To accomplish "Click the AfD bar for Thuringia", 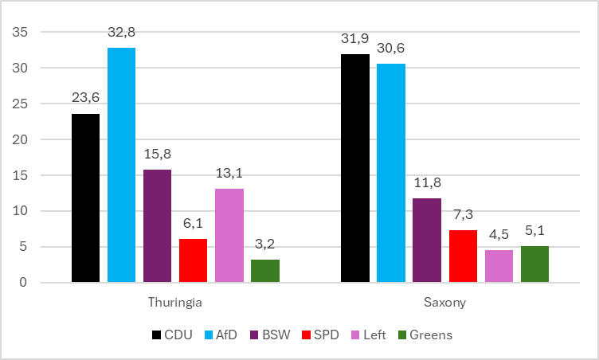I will tap(121, 165).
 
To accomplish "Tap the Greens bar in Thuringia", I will tap(265, 271).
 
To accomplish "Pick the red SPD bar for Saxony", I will tap(463, 256).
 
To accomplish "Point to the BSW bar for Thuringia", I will tap(157, 226).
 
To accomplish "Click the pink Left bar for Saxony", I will tap(499, 266).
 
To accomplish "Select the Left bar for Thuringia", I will tap(229, 236).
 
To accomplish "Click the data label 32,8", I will tap(122, 33).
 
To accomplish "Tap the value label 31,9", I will tap(355, 39).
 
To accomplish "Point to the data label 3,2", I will tap(265, 245).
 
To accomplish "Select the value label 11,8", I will tap(427, 183).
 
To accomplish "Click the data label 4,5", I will tap(499, 235).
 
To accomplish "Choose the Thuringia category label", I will tap(175, 303).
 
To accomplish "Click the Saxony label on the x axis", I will tap(444, 303).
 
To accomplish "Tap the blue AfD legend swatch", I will tap(209, 335).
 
